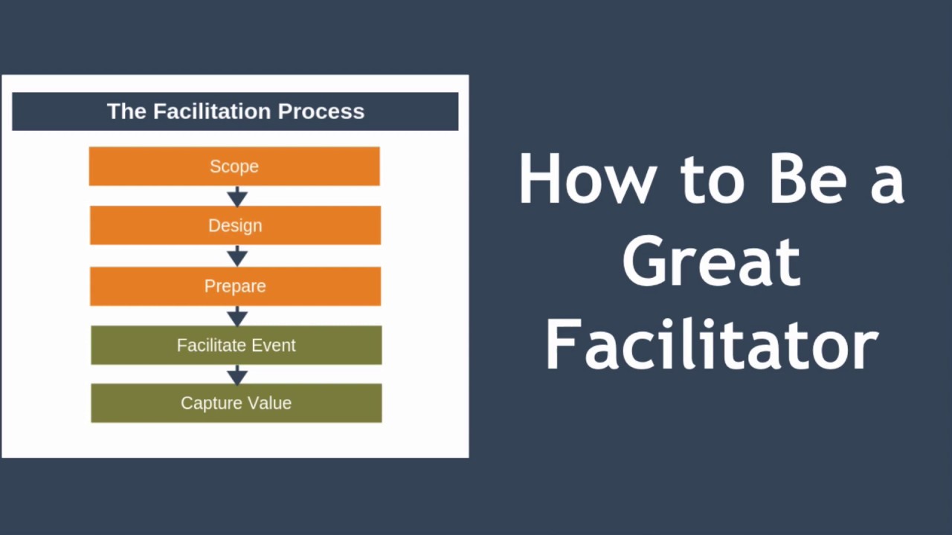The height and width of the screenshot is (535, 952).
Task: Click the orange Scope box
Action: pyautogui.click(x=234, y=166)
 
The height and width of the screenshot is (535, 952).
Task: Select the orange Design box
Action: pyautogui.click(x=235, y=225)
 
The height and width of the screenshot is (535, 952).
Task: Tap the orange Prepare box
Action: pyautogui.click(x=235, y=286)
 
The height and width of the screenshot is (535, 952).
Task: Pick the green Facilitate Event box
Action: pyautogui.click(x=237, y=346)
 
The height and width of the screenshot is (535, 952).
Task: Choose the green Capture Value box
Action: pyautogui.click(x=237, y=403)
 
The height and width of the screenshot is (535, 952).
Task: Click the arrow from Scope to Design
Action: pyautogui.click(x=237, y=196)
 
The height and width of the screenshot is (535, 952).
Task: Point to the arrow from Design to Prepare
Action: pyautogui.click(x=237, y=256)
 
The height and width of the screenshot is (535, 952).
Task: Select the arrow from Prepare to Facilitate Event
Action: pyautogui.click(x=237, y=317)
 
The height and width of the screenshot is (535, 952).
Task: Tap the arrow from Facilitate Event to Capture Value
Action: pyautogui.click(x=237, y=374)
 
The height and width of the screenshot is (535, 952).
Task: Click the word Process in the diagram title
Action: pyautogui.click(x=321, y=111)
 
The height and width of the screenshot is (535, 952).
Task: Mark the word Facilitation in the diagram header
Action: pyautogui.click(x=212, y=111)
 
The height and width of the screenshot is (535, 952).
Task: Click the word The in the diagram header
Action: pyautogui.click(x=126, y=111)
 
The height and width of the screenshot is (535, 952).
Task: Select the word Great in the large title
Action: pyautogui.click(x=712, y=260)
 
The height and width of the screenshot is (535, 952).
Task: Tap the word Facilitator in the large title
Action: pyautogui.click(x=713, y=345)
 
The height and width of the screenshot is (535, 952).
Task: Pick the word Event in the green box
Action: pyautogui.click(x=274, y=346)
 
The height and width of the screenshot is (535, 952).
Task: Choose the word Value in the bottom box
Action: pyautogui.click(x=269, y=403)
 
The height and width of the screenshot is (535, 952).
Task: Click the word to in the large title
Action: pyautogui.click(x=713, y=181)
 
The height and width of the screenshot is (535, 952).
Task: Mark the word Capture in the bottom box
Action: pyautogui.click(x=212, y=403)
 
